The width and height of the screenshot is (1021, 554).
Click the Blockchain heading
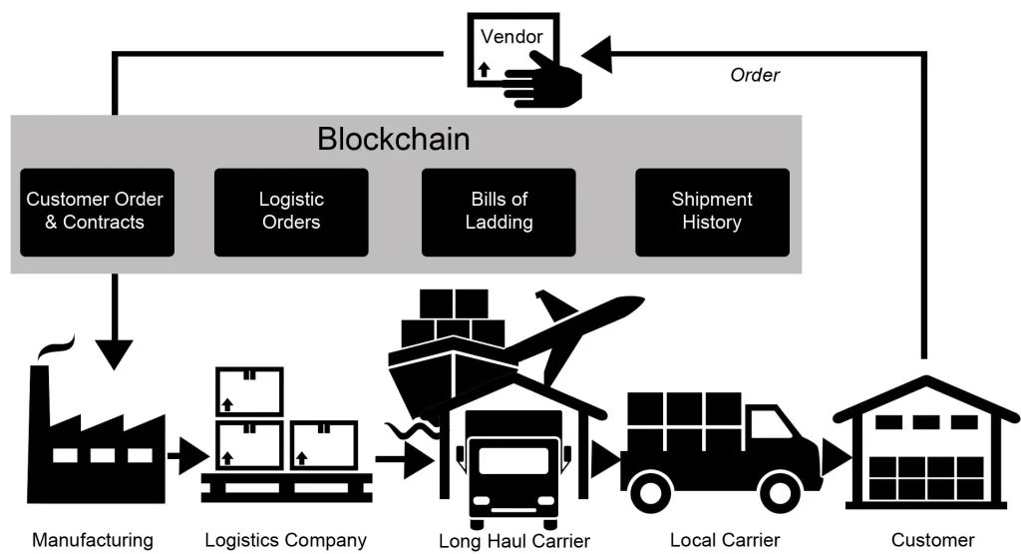(x=393, y=139)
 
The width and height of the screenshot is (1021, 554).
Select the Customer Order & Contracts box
(x=95, y=211)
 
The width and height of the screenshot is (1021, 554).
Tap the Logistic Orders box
(x=291, y=211)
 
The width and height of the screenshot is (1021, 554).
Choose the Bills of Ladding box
(x=499, y=211)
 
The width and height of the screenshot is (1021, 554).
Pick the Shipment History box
(x=712, y=211)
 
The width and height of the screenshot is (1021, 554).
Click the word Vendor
(x=511, y=37)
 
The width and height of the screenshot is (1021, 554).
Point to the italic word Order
(x=755, y=75)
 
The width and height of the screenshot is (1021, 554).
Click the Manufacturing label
(x=93, y=541)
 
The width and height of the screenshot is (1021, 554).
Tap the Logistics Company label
(x=285, y=541)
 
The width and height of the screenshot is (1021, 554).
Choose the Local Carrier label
(x=725, y=541)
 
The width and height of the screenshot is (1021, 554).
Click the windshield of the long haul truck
(x=513, y=460)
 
